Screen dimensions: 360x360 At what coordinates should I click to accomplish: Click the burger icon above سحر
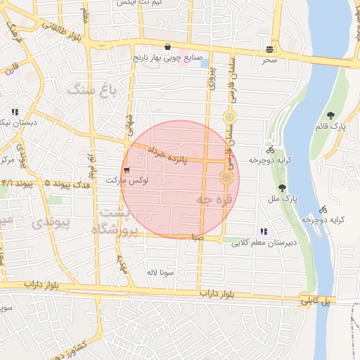[270, 49]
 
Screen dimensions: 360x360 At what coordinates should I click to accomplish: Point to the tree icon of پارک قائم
[330, 116]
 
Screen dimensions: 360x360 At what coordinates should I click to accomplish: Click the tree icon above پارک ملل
[282, 188]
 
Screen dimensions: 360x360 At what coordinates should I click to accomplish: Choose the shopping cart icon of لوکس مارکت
[126, 170]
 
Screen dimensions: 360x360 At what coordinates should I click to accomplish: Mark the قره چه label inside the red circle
[210, 201]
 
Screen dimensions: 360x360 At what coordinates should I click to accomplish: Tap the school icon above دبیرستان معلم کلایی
[264, 231]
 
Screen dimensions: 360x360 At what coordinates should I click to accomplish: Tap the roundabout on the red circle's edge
[226, 178]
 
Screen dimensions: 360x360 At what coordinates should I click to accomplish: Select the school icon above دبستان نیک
[15, 112]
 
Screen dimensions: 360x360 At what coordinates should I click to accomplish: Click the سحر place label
[270, 60]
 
